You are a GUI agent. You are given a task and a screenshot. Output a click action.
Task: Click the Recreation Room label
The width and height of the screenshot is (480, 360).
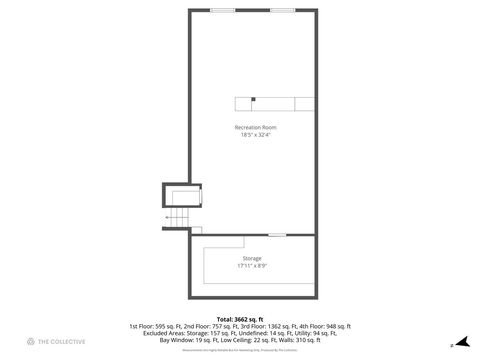(x=255, y=127)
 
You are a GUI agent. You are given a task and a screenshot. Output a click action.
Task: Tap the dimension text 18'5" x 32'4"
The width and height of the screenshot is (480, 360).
(x=255, y=135)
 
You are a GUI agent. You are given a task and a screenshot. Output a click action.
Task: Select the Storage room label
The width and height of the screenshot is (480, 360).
(x=252, y=258)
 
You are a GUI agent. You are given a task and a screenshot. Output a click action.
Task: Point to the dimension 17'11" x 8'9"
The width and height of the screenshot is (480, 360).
(x=252, y=265)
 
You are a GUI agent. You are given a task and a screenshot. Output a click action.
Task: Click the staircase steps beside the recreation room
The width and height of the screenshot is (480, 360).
(x=177, y=218)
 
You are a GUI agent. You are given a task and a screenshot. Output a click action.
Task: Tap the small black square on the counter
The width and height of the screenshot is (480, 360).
(x=253, y=98)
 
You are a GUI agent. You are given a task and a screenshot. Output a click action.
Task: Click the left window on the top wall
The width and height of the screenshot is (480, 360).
(x=223, y=10)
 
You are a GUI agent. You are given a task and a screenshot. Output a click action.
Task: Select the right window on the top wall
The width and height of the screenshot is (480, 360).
(x=283, y=10)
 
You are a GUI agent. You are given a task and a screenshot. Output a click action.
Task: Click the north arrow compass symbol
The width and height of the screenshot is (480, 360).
(x=461, y=342)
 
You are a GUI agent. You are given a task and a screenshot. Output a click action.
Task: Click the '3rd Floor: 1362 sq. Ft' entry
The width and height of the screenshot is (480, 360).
(x=265, y=326)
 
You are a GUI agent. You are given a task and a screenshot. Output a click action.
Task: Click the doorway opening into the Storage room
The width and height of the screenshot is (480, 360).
(x=277, y=235)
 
